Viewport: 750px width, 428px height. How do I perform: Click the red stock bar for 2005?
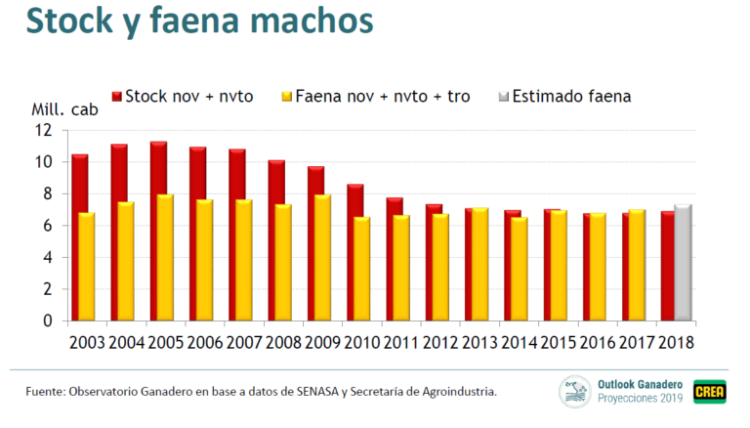[x=156, y=231]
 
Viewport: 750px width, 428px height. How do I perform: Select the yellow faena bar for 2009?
[x=323, y=258]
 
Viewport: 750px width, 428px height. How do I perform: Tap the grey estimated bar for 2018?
[x=683, y=263]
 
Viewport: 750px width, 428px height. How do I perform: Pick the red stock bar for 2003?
[x=78, y=237]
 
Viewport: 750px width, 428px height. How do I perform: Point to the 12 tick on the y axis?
[x=43, y=130]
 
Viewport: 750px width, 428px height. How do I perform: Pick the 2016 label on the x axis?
[x=604, y=343]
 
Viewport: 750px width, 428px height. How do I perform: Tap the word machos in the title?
[x=304, y=21]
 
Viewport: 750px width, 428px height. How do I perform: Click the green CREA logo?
[x=708, y=392]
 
